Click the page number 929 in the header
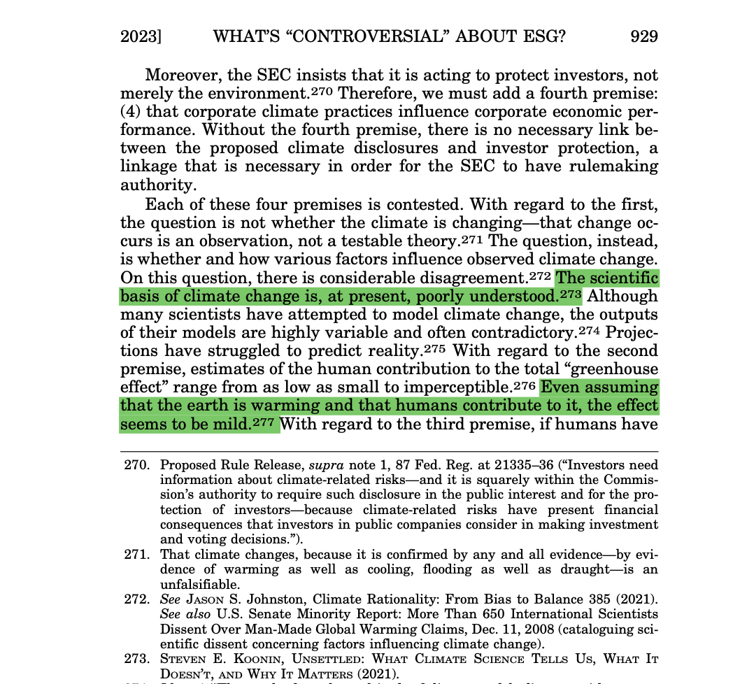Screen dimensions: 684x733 click(x=643, y=36)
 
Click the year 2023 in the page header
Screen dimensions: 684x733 click(x=140, y=36)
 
